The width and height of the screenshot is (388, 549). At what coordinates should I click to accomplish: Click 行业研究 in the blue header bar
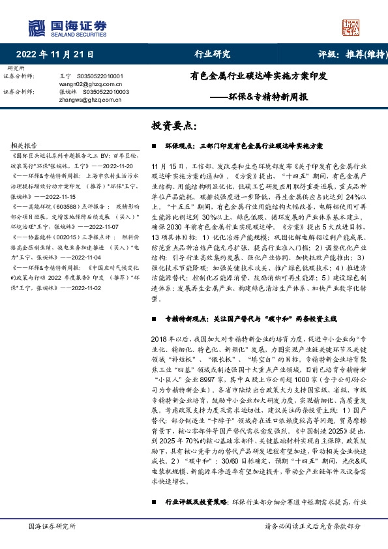(x=213, y=55)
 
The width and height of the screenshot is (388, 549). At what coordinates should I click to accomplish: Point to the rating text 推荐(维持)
(x=359, y=55)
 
